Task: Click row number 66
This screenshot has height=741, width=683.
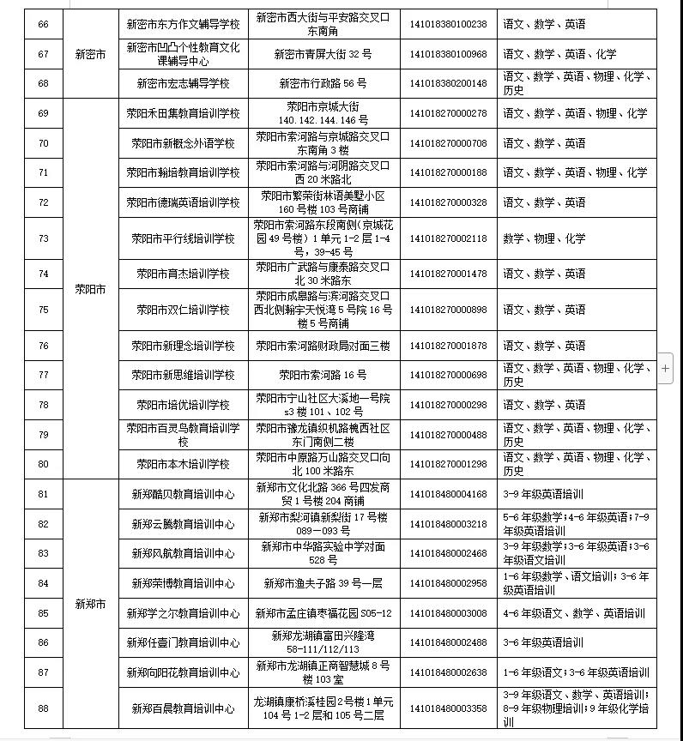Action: pyautogui.click(x=44, y=24)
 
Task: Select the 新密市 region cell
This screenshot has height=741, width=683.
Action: pyautogui.click(x=90, y=54)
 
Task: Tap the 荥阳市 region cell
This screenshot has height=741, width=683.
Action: pyautogui.click(x=90, y=289)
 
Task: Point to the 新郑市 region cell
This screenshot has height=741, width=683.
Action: pyautogui.click(x=90, y=604)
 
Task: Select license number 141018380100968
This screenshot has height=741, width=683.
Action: pyautogui.click(x=448, y=54)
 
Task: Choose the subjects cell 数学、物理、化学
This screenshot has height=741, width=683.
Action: pyautogui.click(x=544, y=238)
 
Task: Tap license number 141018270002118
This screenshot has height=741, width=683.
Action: pyautogui.click(x=448, y=238)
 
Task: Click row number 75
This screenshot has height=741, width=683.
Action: pyautogui.click(x=44, y=309)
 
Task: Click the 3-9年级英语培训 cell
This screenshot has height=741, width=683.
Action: pyautogui.click(x=544, y=494)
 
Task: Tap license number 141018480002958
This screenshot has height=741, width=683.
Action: pyautogui.click(x=448, y=583)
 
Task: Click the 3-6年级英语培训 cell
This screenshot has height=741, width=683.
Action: pyautogui.click(x=544, y=642)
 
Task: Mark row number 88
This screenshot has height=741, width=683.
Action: pyautogui.click(x=44, y=708)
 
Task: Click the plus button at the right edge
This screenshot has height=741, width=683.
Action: pyautogui.click(x=666, y=367)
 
